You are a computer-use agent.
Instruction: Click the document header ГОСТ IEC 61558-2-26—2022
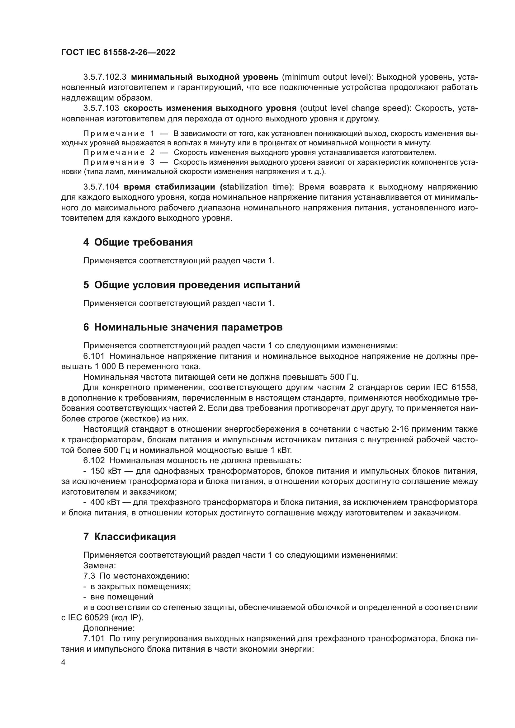[118, 53]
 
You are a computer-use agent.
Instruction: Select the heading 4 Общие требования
[138, 242]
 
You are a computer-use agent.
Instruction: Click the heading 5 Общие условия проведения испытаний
[191, 285]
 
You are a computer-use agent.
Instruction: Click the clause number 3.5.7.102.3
[105, 77]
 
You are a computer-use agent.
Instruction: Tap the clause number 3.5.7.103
[101, 108]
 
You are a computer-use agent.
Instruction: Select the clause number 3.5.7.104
[101, 187]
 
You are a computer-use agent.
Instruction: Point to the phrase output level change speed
[354, 108]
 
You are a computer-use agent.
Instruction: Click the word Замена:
[99, 565]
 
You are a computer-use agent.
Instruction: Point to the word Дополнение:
[109, 628]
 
